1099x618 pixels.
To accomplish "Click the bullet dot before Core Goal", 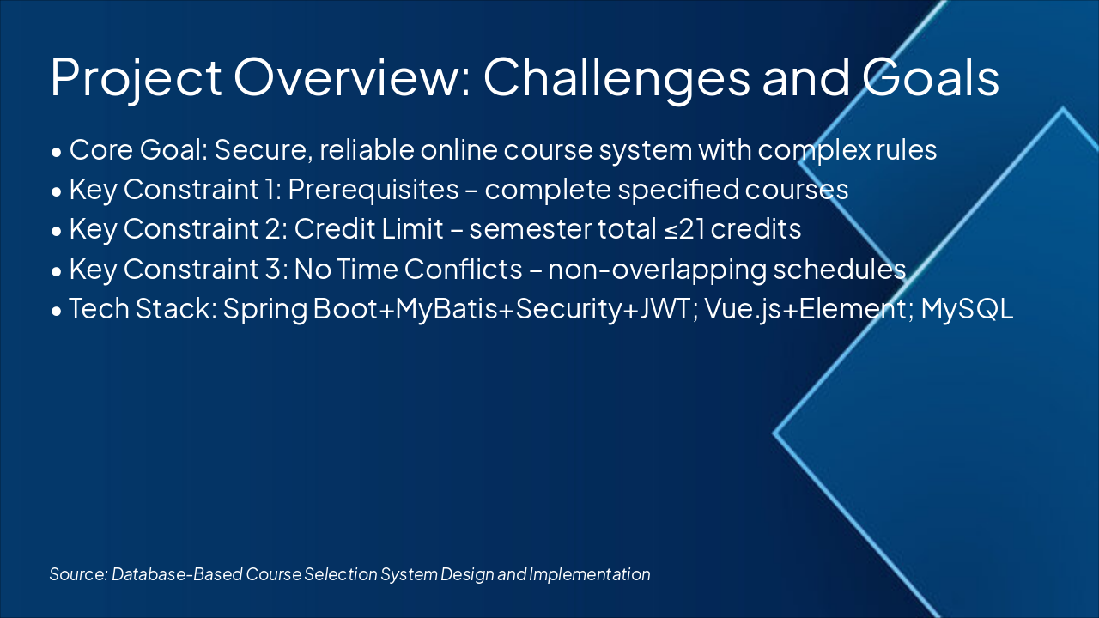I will (56, 151).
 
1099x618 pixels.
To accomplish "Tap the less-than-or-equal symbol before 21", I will (671, 230).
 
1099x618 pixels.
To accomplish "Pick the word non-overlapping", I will (657, 270).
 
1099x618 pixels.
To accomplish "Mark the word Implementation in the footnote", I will (590, 574).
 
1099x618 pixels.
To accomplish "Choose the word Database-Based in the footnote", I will (177, 574).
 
